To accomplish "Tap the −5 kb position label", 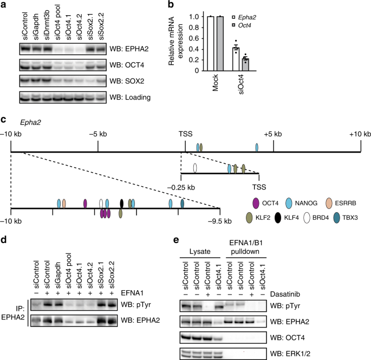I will pyautogui.click(x=97, y=134).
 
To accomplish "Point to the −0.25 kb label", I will pyautogui.click(x=190, y=186).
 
